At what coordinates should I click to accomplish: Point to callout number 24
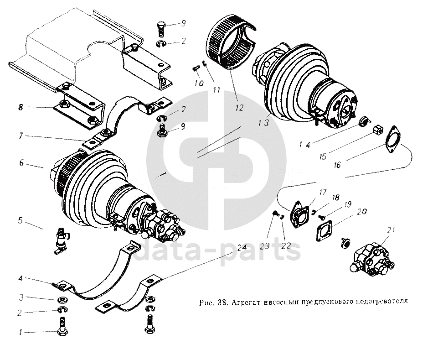pyautogui.click(x=241, y=248)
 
